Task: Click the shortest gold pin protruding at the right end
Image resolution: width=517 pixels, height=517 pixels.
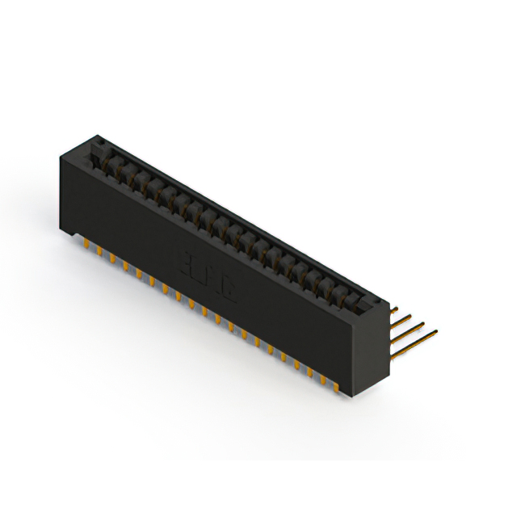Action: click(x=394, y=309)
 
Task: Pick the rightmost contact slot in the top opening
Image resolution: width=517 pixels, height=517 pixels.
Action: click(x=355, y=297)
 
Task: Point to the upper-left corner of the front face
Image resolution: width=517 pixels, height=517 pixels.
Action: click(x=58, y=155)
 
